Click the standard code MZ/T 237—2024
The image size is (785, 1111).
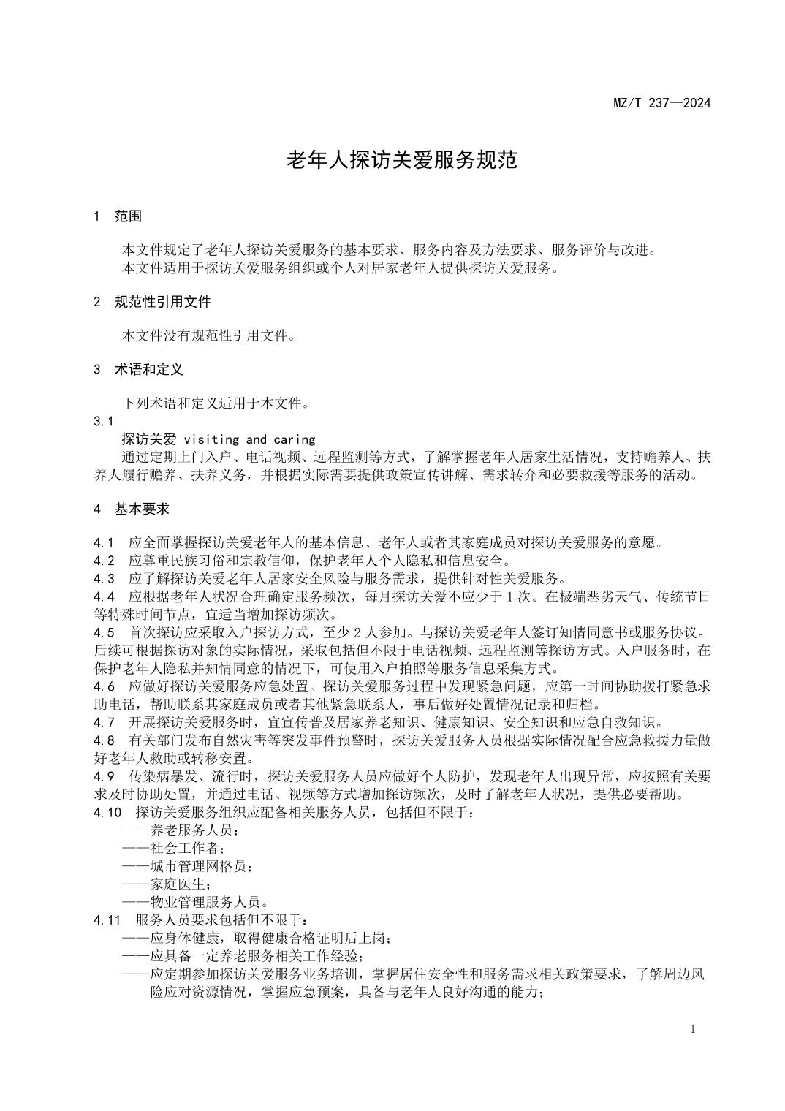(x=661, y=102)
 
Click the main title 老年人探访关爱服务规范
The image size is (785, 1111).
(x=401, y=159)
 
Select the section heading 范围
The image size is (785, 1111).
(x=128, y=216)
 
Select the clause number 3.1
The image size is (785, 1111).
(x=104, y=421)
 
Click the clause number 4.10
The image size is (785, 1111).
(x=107, y=812)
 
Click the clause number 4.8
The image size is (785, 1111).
(x=104, y=740)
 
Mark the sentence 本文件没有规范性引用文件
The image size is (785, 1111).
(x=208, y=335)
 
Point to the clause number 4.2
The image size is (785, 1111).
(x=104, y=561)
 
